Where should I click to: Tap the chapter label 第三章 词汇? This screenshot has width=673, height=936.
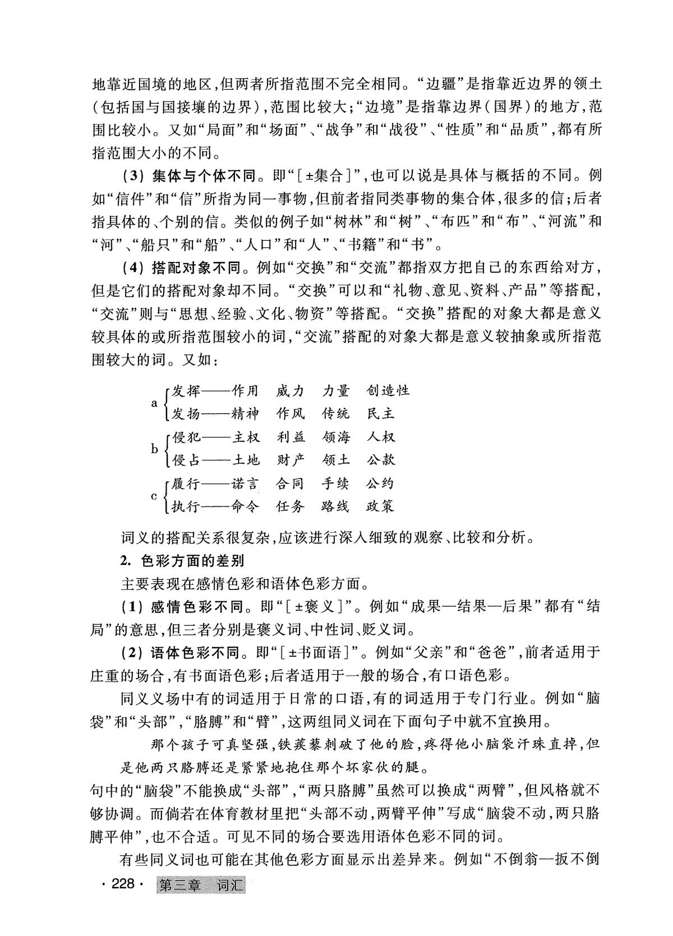pos(202,886)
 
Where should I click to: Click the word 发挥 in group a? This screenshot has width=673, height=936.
pos(186,390)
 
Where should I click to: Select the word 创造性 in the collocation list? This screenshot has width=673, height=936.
pos(388,390)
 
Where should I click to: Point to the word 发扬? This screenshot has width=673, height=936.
pos(186,413)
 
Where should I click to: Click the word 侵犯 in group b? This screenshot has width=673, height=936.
pos(186,437)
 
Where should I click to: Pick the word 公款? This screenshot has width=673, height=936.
pos(381,460)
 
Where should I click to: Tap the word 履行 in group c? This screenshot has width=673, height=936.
pos(186,483)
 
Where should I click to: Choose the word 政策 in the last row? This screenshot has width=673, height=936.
pos(381,506)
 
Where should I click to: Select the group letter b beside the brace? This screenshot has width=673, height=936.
pos(154,449)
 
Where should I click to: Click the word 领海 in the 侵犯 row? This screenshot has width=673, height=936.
pos(336,437)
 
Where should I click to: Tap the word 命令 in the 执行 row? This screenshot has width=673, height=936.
pos(246,506)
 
